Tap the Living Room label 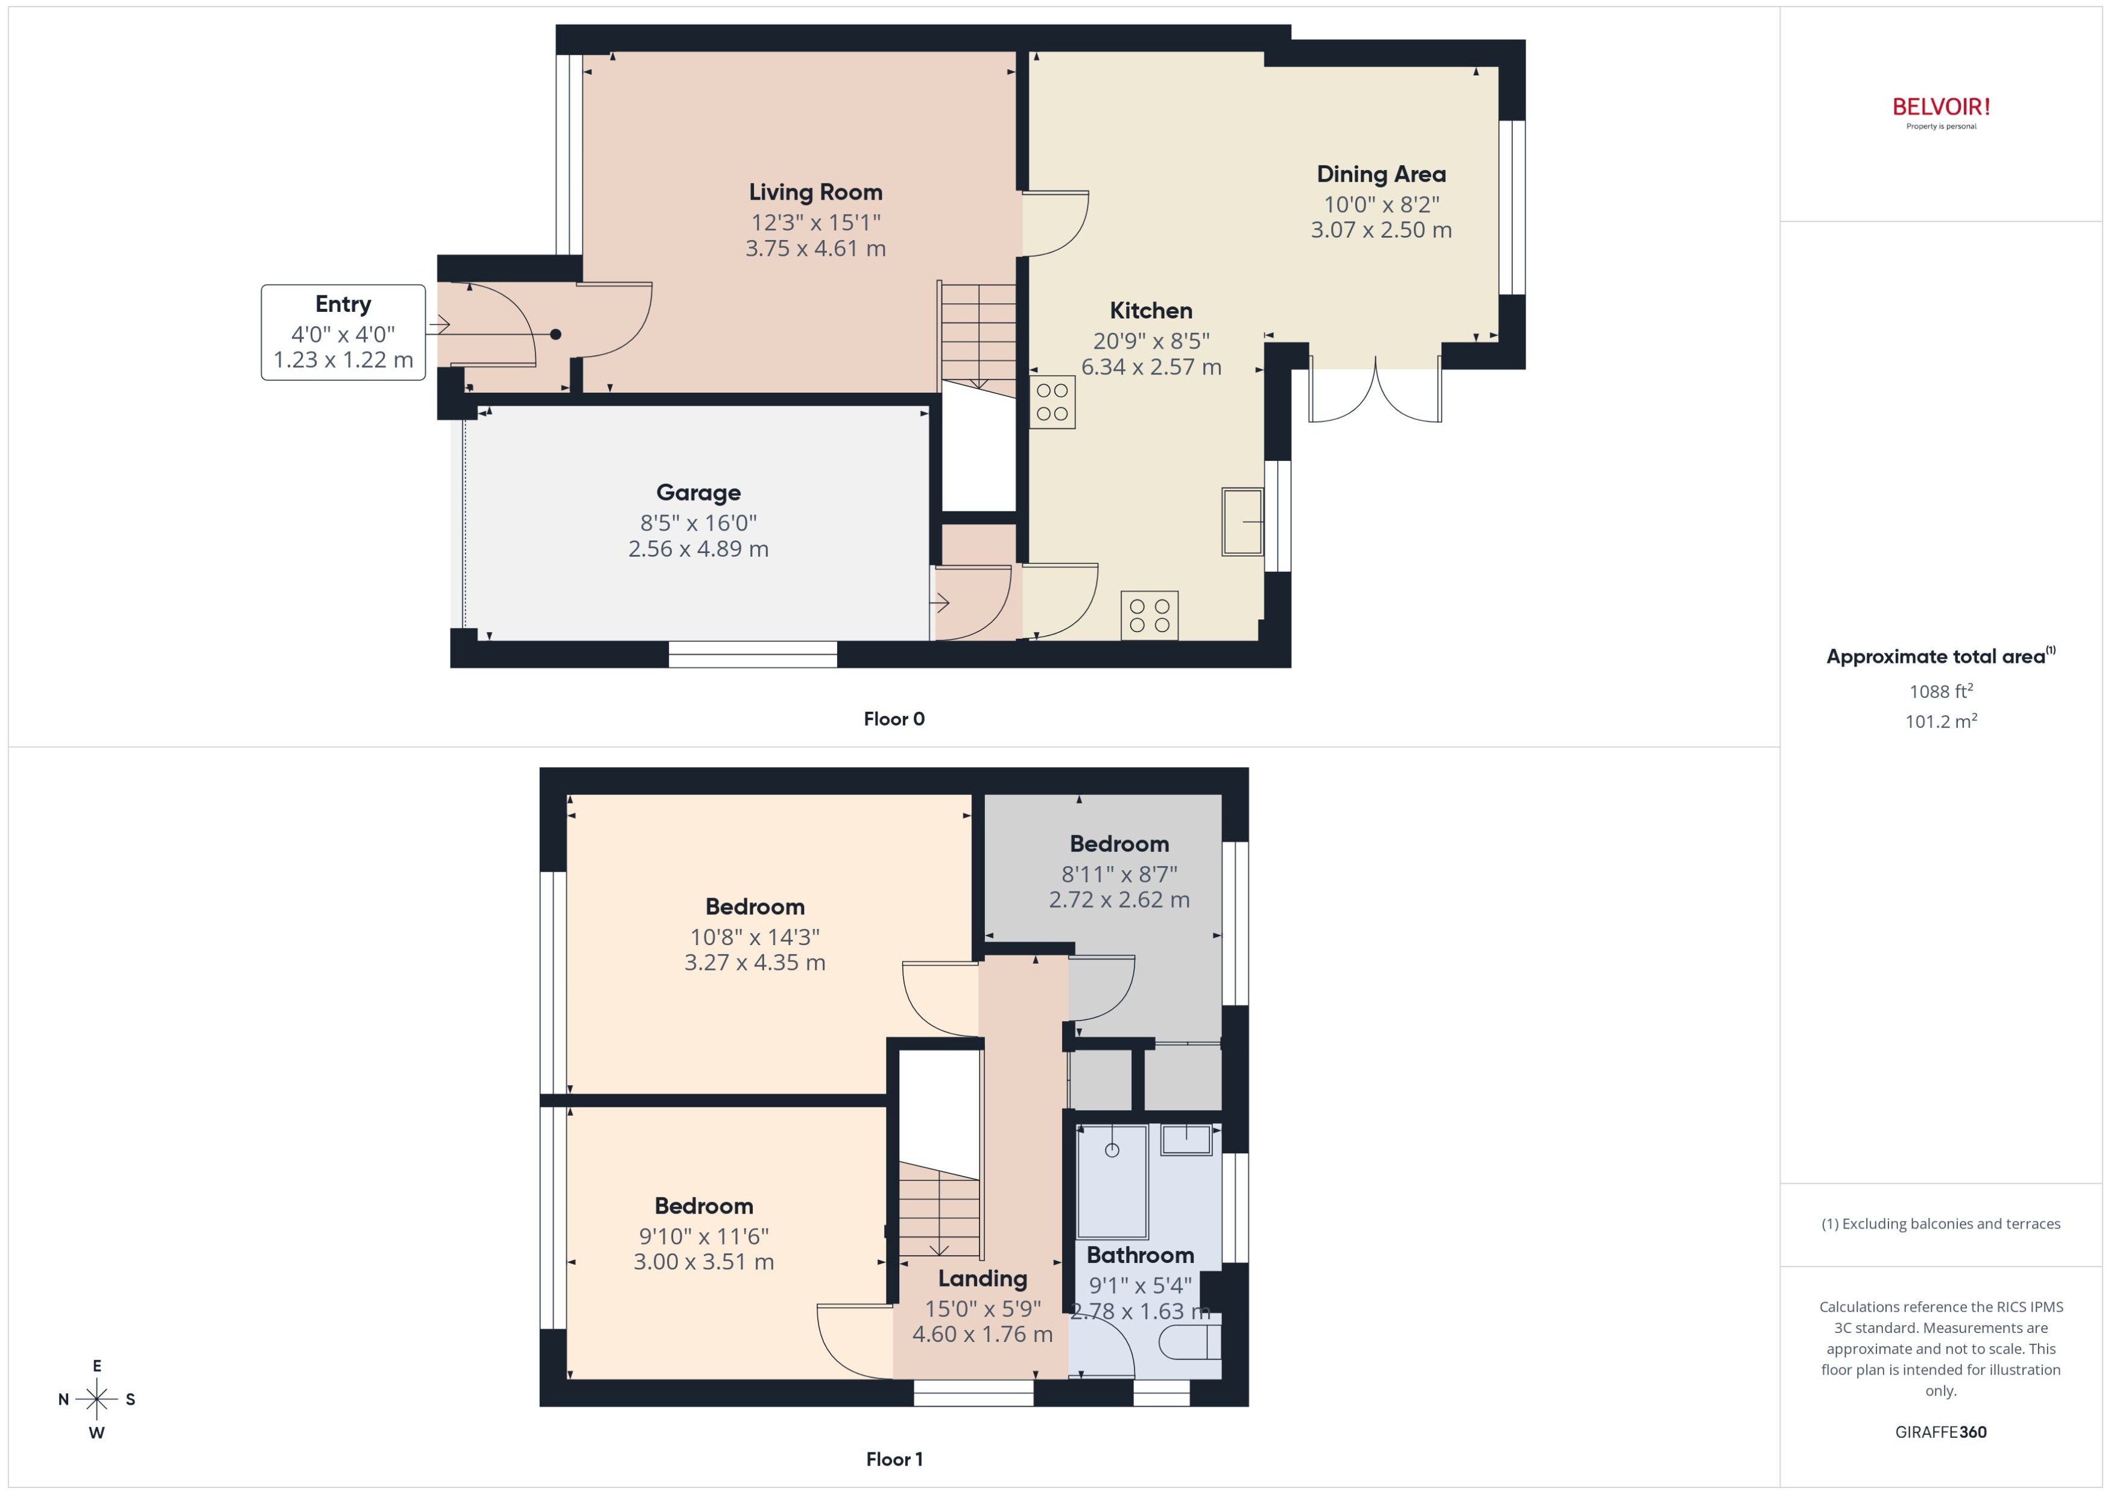(815, 192)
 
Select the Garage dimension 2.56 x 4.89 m (698, 549)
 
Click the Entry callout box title (343, 305)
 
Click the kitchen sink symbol (1242, 522)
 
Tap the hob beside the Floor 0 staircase (1051, 402)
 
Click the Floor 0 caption (893, 720)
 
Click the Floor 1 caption (893, 1459)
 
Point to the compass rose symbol (97, 1399)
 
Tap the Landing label (983, 1279)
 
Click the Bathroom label (1140, 1256)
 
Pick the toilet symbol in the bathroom (1189, 1346)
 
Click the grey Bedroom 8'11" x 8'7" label (1118, 844)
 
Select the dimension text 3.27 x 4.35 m (755, 963)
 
